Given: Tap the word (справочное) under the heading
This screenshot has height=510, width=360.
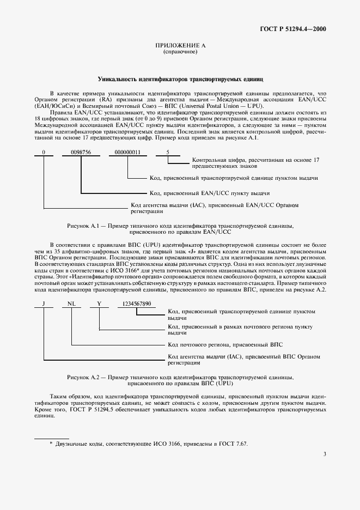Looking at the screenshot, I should pos(179,53).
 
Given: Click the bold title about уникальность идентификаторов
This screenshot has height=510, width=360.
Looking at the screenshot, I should pos(180,79).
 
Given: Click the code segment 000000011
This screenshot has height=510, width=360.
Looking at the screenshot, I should pos(127,153).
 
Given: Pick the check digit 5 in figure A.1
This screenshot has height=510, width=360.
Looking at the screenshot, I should pos(168,153).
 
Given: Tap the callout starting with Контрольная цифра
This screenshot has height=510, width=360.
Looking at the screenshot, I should pos(255,163).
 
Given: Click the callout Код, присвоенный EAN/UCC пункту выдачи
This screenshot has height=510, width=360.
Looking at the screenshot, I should pos(209,193).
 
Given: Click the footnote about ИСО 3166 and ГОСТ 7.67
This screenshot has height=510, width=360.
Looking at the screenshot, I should pos(148,444).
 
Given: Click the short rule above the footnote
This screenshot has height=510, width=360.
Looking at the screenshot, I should pos(52,438).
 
